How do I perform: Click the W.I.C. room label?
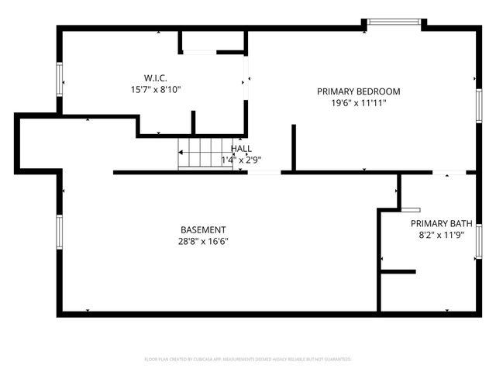156,77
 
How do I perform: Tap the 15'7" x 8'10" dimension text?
156,89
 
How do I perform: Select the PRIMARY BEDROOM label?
359,91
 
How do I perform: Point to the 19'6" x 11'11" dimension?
359,102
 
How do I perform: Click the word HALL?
241,148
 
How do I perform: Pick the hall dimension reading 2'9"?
250,160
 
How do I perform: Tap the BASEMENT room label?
203,229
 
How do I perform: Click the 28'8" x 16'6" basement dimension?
203,241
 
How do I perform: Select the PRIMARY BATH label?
440,223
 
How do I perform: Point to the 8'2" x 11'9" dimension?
440,235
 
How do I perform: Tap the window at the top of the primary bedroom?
394,22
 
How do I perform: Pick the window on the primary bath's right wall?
478,239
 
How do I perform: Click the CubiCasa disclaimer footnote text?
248,360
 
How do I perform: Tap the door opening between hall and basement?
264,172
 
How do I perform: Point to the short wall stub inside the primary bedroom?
294,146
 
